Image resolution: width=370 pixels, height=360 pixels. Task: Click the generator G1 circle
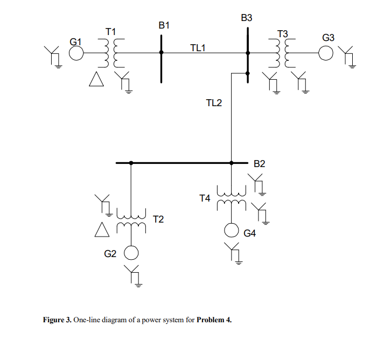(76, 52)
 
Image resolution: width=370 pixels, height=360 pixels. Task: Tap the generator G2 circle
(131, 253)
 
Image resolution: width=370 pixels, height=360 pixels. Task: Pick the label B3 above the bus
(247, 18)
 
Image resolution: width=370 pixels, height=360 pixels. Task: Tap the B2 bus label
(260, 163)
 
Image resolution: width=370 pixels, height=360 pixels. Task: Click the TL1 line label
(198, 48)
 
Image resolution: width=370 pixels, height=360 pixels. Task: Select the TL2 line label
(214, 103)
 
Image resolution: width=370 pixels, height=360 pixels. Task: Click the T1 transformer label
(110, 32)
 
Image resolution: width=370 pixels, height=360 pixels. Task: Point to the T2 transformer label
(158, 219)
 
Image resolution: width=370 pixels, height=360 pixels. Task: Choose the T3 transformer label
(282, 34)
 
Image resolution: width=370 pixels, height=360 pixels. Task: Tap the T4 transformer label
(205, 198)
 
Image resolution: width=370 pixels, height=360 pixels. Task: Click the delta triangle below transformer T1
(96, 80)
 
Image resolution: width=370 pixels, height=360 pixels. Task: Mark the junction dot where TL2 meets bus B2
(232, 163)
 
